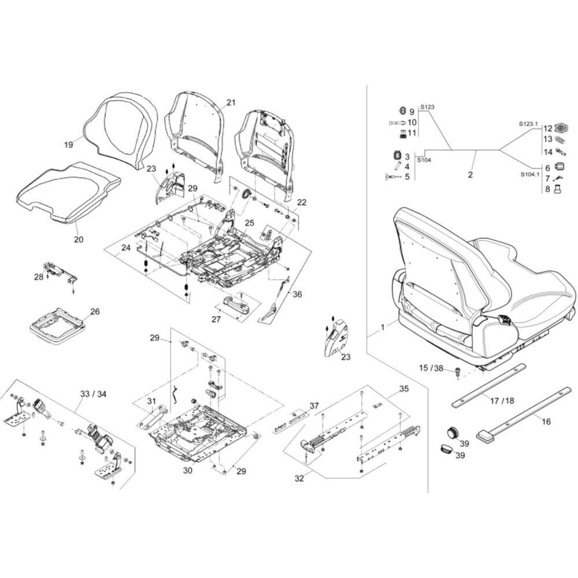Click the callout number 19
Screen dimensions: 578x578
pyautogui.click(x=68, y=144)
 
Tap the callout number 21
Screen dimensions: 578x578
pyautogui.click(x=231, y=103)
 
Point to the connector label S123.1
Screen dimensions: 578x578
pyautogui.click(x=528, y=124)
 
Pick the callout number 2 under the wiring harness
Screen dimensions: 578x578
pyautogui.click(x=470, y=174)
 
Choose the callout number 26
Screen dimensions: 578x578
pyautogui.click(x=95, y=312)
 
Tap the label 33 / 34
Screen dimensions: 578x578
pyautogui.click(x=92, y=394)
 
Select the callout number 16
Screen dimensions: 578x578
pyautogui.click(x=546, y=421)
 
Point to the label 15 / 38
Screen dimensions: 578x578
pyautogui.click(x=431, y=368)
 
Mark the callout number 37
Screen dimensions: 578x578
pyautogui.click(x=314, y=405)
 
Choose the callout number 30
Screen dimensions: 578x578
pyautogui.click(x=187, y=470)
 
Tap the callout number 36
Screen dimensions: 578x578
pyautogui.click(x=297, y=294)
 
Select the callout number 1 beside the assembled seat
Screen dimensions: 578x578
pyautogui.click(x=382, y=328)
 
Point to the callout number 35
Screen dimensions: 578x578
pyautogui.click(x=403, y=389)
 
